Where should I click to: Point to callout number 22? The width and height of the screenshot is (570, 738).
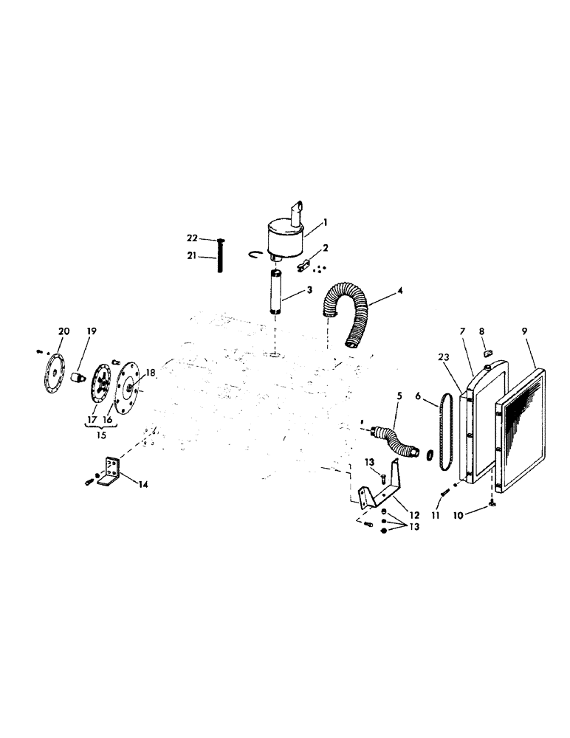click(x=190, y=238)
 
